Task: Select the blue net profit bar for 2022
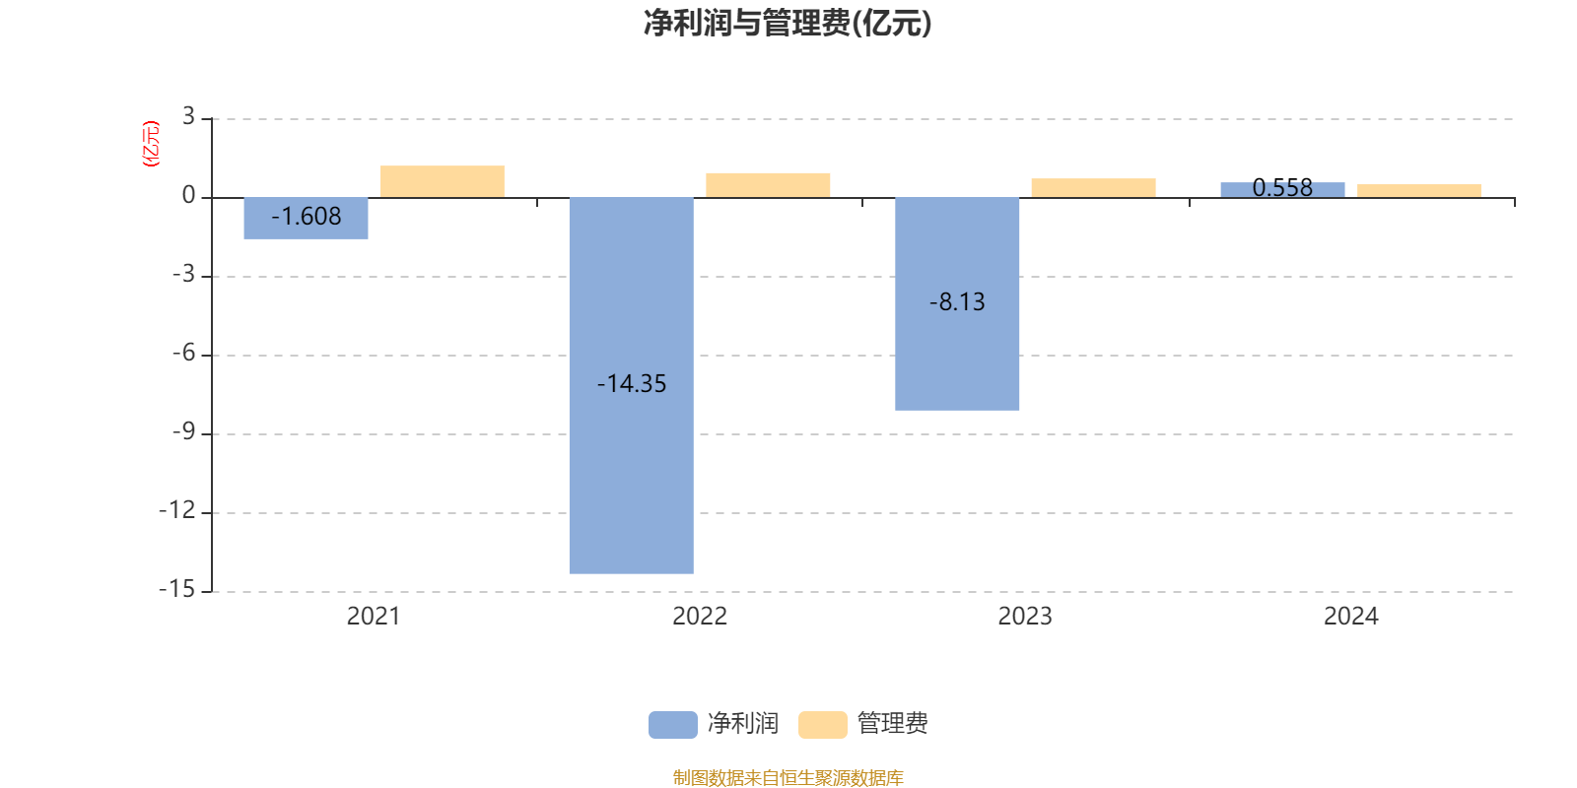(x=631, y=473)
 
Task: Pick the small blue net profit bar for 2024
(x=1282, y=190)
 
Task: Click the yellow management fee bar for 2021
(x=443, y=181)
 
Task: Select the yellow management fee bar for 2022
(x=768, y=185)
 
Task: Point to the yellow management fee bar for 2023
(x=1093, y=188)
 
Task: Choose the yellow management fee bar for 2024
(x=1418, y=191)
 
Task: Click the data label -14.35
(x=632, y=384)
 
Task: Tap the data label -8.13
(x=957, y=302)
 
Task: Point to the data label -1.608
(x=307, y=217)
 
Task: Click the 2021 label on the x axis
(x=374, y=617)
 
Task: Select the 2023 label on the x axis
(x=1025, y=617)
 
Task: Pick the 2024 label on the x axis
(x=1350, y=617)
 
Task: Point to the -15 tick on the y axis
(x=177, y=589)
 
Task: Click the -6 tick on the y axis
(x=183, y=354)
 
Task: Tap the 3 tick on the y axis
(x=188, y=117)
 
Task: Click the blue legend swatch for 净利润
(x=672, y=725)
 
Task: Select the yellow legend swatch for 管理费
(x=822, y=725)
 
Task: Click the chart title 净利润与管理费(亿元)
(x=788, y=24)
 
